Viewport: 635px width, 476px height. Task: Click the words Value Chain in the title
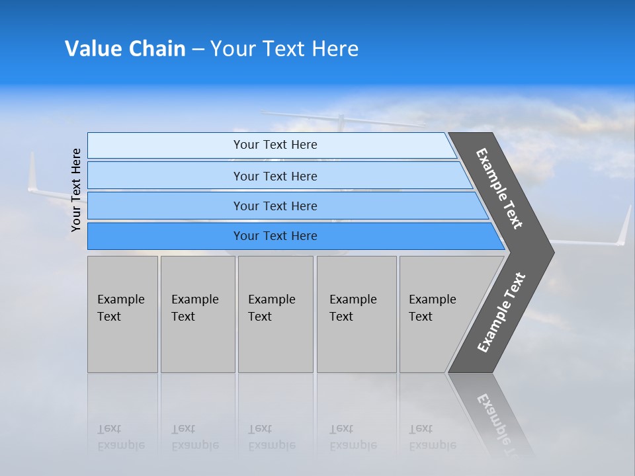coord(125,49)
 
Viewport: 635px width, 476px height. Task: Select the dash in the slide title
coord(198,50)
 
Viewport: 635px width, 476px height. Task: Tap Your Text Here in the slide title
coord(284,49)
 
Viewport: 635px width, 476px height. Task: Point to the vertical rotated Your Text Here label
coord(76,190)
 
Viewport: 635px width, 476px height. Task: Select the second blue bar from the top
coord(275,176)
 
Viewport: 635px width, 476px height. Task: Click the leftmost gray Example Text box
coord(122,314)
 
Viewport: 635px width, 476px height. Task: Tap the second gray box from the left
coord(198,314)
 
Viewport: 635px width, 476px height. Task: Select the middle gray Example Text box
coord(275,314)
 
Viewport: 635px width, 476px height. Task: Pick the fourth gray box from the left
coord(357,314)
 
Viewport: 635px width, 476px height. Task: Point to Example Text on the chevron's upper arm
coord(499,188)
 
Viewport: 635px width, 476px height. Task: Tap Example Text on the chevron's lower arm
coord(501,313)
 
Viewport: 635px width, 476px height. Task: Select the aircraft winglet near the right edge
coord(624,226)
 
